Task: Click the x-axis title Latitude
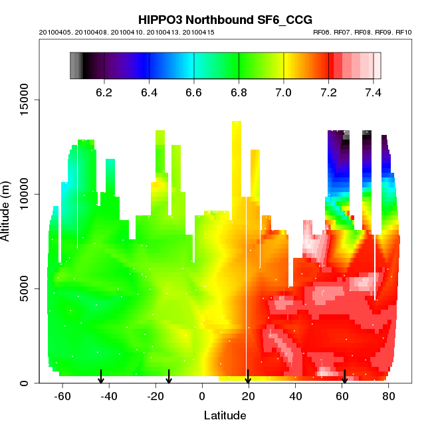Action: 225,416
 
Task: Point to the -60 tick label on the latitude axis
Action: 62,397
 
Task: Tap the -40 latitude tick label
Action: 109,397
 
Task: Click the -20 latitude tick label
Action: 156,397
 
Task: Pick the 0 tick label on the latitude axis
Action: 202,397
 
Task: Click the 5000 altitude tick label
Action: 29,288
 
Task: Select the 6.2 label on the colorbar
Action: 104,92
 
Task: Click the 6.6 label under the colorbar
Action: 194,92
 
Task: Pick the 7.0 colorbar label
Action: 284,92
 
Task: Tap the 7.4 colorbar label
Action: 374,92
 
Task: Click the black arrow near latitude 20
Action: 248,377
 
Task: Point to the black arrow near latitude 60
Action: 344,377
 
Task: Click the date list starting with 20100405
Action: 130,32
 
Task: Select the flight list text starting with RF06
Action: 362,32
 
